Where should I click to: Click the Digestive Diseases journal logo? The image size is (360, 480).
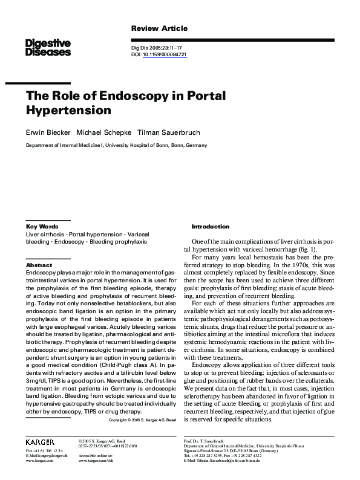[x=48, y=47]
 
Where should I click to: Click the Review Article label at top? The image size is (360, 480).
[x=159, y=28]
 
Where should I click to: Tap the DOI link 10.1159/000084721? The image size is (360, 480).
[x=165, y=54]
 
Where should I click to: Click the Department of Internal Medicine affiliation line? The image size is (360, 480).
[x=116, y=145]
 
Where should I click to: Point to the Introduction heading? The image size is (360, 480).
[x=210, y=226]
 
